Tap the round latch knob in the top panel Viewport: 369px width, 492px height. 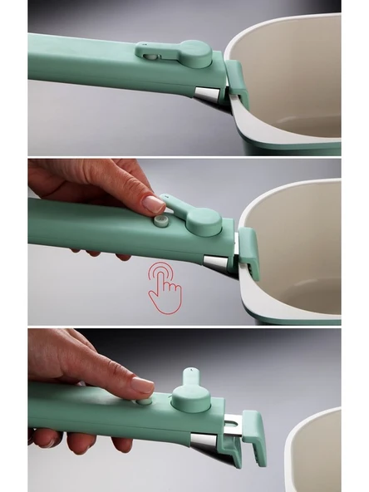(194, 55)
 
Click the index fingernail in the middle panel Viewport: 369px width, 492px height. (154, 204)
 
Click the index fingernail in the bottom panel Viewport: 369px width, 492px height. (142, 385)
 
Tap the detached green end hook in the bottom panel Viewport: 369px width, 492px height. (253, 440)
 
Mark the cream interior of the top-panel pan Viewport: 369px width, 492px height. (295, 75)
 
